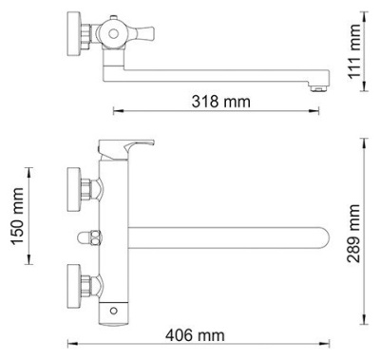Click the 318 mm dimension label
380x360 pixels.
point(220,102)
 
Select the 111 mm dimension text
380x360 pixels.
point(354,51)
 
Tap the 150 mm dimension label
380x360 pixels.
point(18,217)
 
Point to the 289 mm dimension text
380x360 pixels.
point(353,234)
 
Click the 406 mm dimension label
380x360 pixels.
point(195,335)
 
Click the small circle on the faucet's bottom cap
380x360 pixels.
point(113,311)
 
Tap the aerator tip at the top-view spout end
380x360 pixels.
point(319,88)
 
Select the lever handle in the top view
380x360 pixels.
point(142,32)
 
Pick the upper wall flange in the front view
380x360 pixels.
point(74,189)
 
